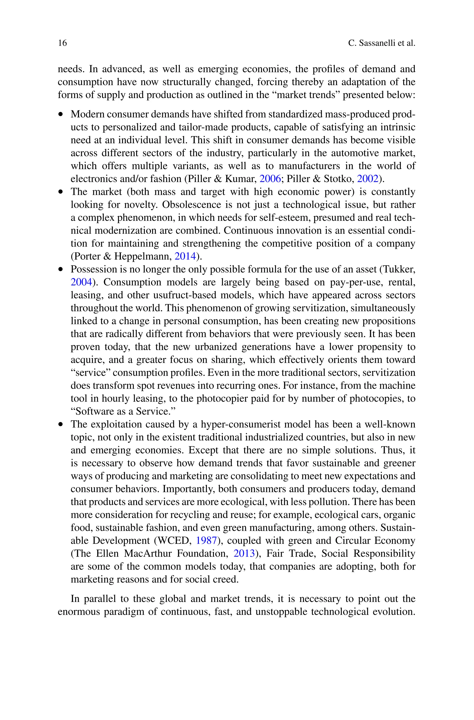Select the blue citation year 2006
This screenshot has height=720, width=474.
(x=270, y=179)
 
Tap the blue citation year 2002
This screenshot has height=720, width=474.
(x=368, y=179)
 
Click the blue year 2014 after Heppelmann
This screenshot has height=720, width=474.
(x=185, y=256)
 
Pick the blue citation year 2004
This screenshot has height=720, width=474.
(x=81, y=282)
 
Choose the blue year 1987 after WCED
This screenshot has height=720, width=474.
(x=206, y=541)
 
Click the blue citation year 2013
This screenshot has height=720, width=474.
(x=244, y=554)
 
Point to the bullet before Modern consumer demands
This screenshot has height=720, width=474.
(x=61, y=115)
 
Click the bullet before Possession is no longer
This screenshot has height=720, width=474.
(x=61, y=269)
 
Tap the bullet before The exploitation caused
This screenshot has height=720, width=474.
(x=61, y=425)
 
